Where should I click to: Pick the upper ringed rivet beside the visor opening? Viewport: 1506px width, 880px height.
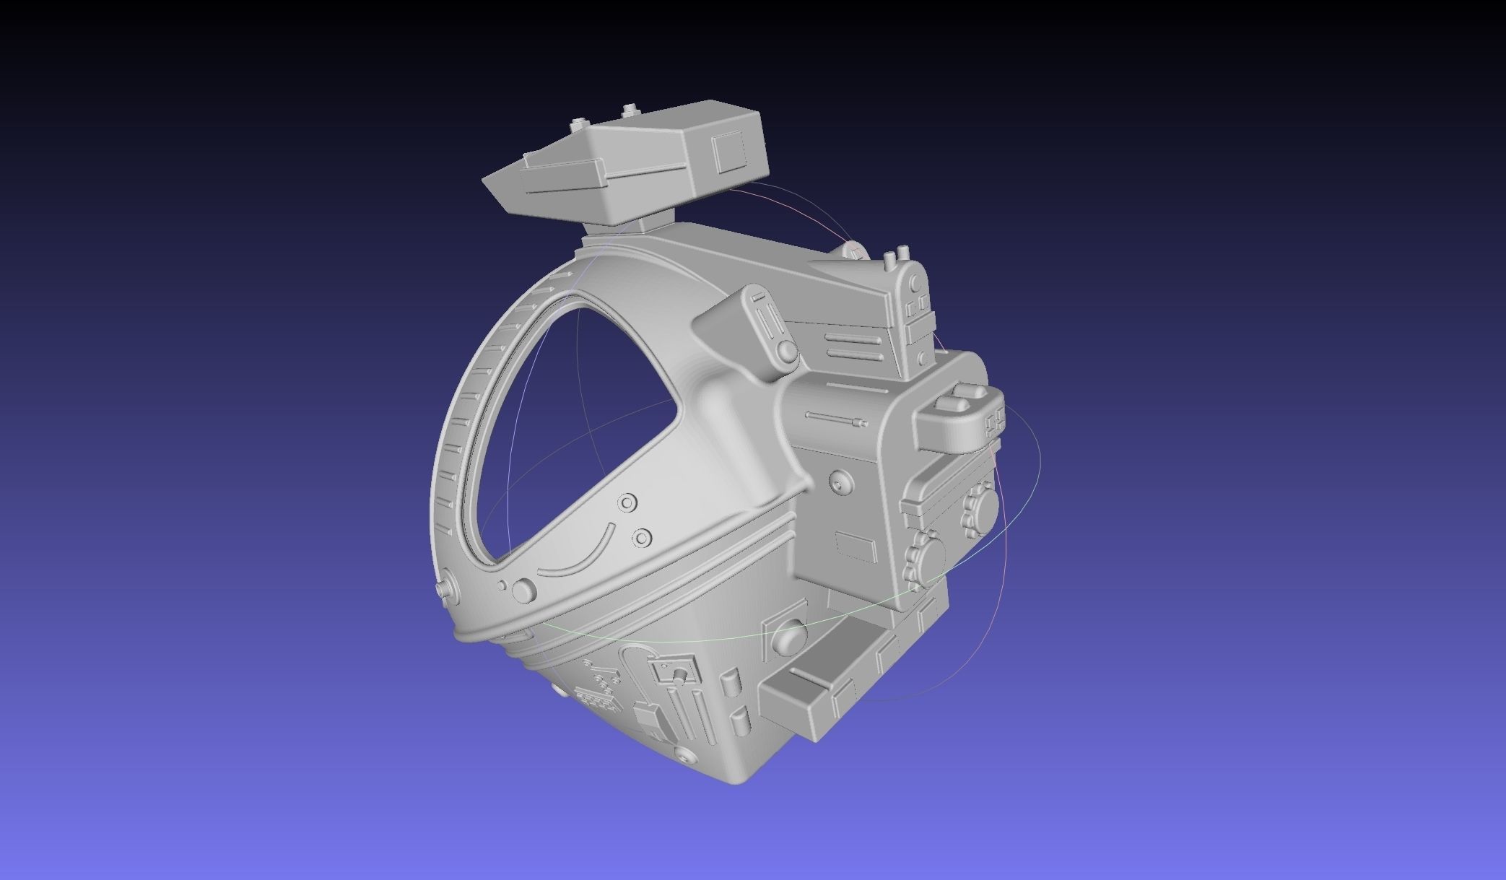tap(627, 502)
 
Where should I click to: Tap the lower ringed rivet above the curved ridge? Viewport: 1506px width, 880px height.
tap(641, 537)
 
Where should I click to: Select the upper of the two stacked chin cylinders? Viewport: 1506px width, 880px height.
tap(729, 682)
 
